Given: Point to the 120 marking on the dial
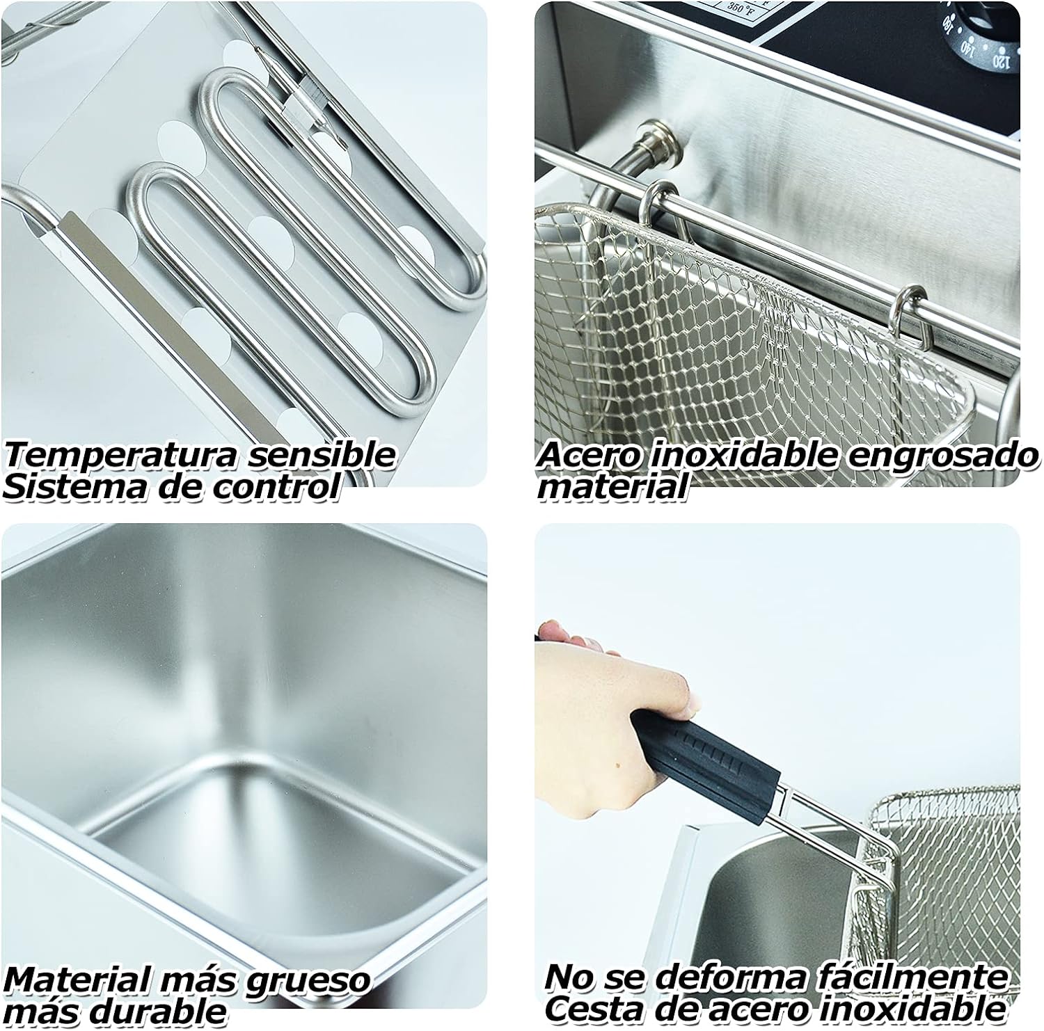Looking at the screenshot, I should pyautogui.click(x=1000, y=61).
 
